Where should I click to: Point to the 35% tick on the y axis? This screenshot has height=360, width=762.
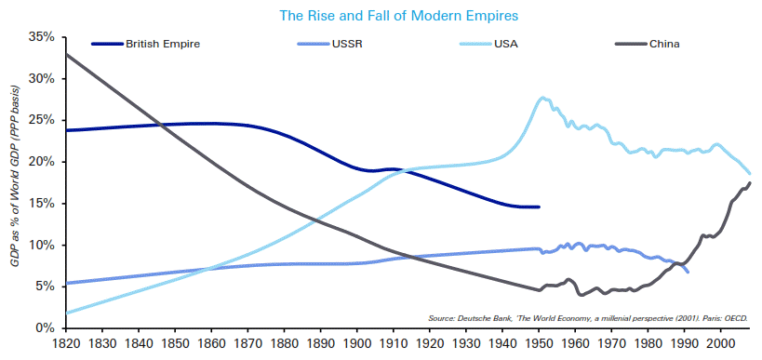42,37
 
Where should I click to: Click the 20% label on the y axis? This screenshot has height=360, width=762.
42,162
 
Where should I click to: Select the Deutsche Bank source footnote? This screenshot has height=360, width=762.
588,318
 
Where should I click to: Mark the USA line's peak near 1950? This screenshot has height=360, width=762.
542,98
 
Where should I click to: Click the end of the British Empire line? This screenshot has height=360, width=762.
539,207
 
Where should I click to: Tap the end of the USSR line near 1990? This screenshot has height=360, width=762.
688,272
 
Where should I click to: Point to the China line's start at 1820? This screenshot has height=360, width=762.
68,54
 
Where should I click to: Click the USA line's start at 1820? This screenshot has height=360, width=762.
68,313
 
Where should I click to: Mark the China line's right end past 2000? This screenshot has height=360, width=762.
751,182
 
